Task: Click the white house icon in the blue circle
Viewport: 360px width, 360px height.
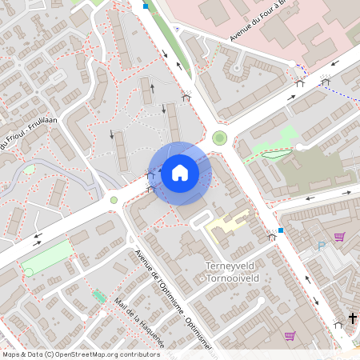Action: [180, 172]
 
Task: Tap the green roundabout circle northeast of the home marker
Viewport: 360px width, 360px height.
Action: [219, 138]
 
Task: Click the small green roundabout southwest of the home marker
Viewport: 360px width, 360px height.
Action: [114, 200]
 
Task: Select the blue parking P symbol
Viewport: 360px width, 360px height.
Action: [322, 246]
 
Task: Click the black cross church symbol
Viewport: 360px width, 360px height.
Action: [351, 318]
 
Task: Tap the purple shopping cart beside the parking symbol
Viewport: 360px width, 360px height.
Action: [339, 237]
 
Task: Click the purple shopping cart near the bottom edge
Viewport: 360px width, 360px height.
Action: [290, 336]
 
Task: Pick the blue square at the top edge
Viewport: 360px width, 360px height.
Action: [146, 6]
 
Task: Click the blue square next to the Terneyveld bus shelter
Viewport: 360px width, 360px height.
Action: [281, 230]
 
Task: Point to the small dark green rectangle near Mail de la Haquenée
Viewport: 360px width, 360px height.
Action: [99, 297]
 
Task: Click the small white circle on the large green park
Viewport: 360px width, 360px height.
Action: [29, 272]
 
